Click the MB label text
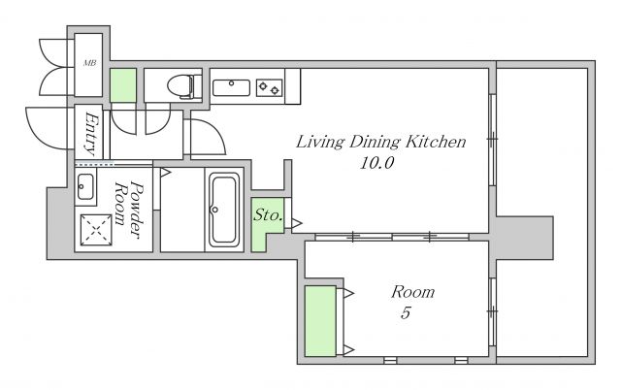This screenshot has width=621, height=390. (90, 63)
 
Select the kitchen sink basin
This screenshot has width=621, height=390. (231, 87)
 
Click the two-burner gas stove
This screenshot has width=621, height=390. (270, 88)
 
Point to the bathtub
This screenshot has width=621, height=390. (224, 210)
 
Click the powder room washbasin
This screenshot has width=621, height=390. (85, 186)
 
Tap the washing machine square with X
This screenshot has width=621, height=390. (96, 231)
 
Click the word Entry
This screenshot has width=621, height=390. (91, 134)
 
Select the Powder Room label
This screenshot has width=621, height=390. (128, 210)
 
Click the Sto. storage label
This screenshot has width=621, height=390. (268, 215)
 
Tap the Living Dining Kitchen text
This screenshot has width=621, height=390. (381, 143)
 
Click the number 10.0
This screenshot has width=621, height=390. (376, 163)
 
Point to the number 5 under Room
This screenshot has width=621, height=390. (406, 312)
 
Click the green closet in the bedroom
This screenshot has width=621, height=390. (320, 321)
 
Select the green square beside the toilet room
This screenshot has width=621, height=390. (123, 85)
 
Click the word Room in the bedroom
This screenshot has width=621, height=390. (413, 292)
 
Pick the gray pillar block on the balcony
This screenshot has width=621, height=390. (525, 238)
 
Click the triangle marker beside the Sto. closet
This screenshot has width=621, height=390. (297, 224)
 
